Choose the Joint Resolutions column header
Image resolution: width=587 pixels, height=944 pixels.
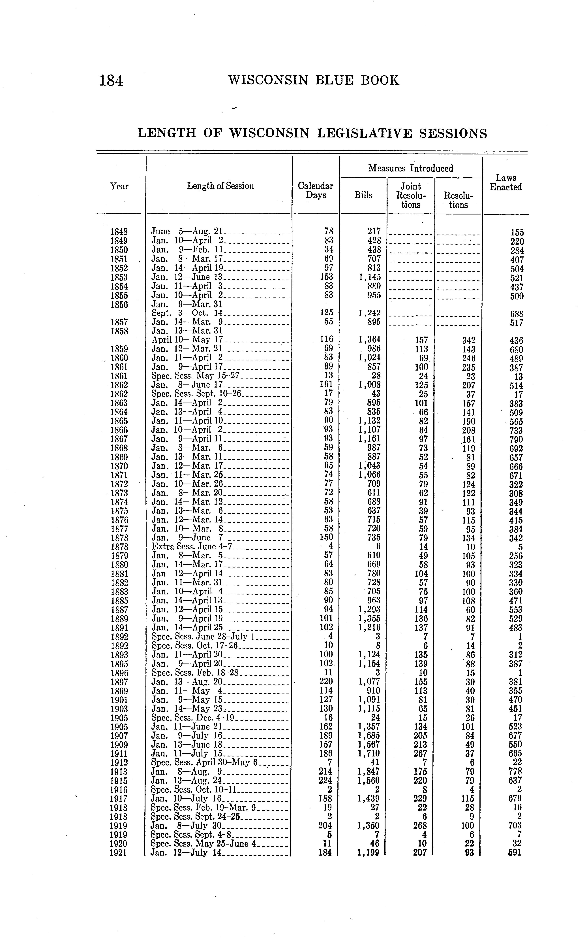[411, 195]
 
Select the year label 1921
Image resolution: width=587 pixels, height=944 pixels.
[119, 853]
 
